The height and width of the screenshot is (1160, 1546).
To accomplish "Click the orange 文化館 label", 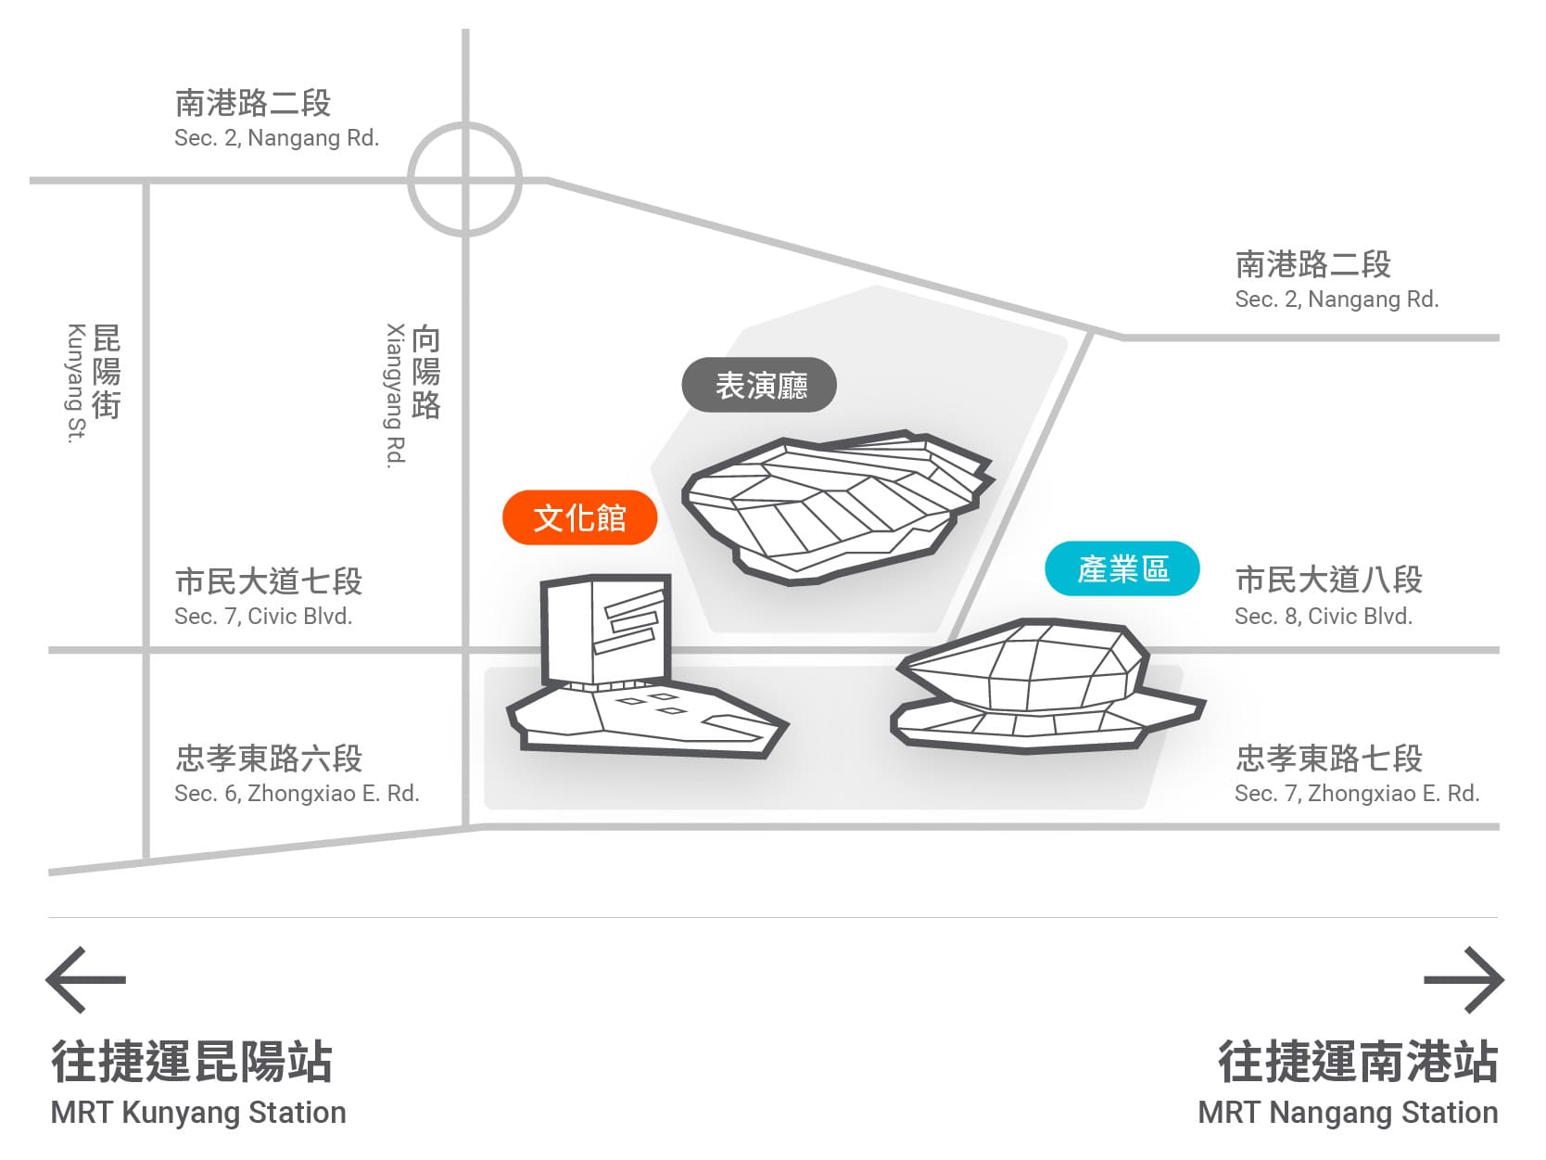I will click(579, 517).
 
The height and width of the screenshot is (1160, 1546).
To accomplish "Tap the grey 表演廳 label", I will click(759, 385).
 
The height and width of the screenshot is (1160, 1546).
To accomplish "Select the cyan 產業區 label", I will click(1121, 568).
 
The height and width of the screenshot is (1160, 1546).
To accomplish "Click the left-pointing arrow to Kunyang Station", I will click(85, 979).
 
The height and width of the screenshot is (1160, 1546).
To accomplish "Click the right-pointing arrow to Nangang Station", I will click(1464, 979).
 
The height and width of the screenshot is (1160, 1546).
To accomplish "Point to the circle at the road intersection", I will click(465, 179).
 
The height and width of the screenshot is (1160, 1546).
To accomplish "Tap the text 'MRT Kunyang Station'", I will click(198, 1112).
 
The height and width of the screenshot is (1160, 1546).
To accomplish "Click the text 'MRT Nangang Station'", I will click(1348, 1112).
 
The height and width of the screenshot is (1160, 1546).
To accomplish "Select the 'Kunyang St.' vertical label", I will click(76, 383).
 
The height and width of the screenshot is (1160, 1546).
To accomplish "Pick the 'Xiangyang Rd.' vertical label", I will click(396, 395).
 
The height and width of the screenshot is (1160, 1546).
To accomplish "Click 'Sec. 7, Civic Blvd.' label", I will click(263, 616).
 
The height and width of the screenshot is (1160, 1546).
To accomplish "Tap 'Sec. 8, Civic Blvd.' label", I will click(1323, 616).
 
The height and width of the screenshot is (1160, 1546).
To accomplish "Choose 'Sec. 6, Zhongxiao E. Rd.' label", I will click(297, 793).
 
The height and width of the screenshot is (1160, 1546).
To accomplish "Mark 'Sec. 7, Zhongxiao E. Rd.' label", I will click(1356, 793).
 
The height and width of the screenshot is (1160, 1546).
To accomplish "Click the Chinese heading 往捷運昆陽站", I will click(192, 1062).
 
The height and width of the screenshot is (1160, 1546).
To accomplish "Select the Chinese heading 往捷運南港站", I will click(1357, 1062).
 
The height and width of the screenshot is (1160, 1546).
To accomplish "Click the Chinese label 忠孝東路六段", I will click(269, 758).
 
